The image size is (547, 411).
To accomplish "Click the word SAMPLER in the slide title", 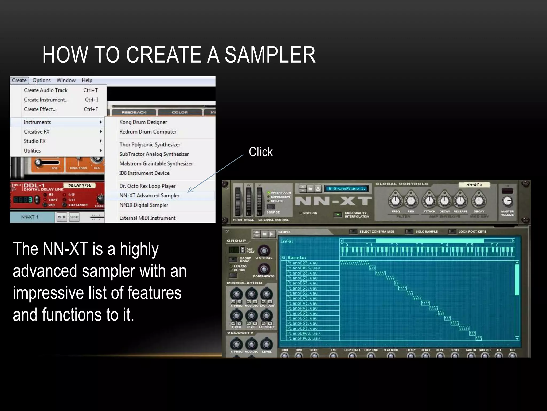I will (x=270, y=55).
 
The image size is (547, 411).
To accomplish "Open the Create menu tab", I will (x=19, y=80).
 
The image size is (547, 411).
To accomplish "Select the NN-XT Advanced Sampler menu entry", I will (x=149, y=196).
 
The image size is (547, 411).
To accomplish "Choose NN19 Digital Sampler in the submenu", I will (x=144, y=205).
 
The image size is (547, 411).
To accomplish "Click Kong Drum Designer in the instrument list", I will (x=143, y=122).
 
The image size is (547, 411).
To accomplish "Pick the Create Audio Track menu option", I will (x=46, y=90).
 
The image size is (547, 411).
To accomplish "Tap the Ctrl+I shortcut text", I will (x=92, y=100).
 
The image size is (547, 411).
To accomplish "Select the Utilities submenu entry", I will (x=32, y=151).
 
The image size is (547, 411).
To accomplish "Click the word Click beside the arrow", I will (x=261, y=152).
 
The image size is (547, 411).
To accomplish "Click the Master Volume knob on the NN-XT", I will (x=507, y=201).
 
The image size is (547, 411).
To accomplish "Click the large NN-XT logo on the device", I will (x=333, y=201).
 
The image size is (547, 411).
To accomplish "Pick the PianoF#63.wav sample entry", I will (x=303, y=338).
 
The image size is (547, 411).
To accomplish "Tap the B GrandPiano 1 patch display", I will (x=346, y=189).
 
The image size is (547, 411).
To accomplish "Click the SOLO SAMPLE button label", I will (x=426, y=232).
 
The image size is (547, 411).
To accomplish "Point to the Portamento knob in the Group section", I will (x=264, y=269).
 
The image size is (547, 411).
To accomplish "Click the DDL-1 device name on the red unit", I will (x=34, y=185).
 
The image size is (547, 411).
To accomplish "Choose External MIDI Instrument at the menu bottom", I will (x=147, y=218).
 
